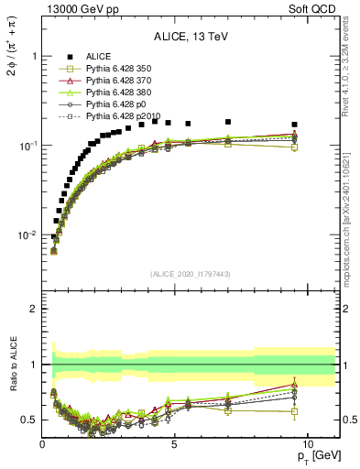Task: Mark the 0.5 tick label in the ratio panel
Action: (29, 420)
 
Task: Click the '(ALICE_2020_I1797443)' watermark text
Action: (191, 274)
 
